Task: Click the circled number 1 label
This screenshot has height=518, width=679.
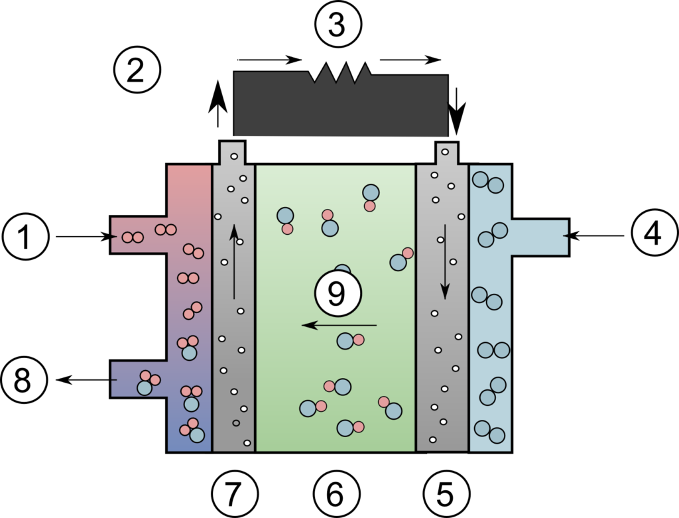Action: pos(25,237)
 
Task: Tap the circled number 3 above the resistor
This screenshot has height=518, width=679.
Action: pos(338,25)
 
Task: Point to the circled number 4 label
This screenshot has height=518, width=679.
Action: pos(654,234)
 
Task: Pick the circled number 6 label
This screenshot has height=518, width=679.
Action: pos(336,493)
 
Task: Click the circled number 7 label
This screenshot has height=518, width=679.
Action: pos(235,493)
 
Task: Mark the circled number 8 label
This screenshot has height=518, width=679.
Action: pos(23,380)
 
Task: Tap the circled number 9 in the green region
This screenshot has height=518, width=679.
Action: pos(338,294)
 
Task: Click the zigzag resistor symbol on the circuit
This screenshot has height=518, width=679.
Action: pos(340,72)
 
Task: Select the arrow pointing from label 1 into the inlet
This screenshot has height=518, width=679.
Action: pos(86,237)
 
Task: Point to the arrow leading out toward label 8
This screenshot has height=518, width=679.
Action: pos(87,380)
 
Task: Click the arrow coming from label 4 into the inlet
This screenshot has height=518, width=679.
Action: pos(594,235)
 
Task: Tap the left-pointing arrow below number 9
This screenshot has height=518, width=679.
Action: pos(339,324)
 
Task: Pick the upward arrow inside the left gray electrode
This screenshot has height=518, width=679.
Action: pos(234,261)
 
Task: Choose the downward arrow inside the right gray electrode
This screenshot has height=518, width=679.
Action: pos(445,261)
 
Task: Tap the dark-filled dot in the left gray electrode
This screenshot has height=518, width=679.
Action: pos(236,422)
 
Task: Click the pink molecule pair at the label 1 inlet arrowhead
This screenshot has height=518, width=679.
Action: pos(133,237)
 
